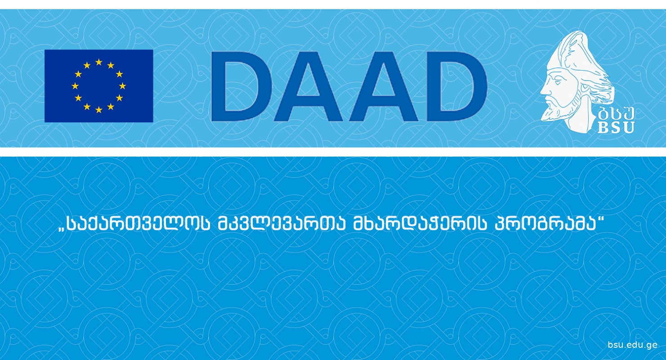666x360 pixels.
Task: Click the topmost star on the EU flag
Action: click(x=99, y=62)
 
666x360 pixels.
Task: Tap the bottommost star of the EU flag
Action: click(x=99, y=110)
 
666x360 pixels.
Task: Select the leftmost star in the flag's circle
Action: click(x=75, y=86)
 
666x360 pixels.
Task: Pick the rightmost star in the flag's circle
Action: click(x=122, y=86)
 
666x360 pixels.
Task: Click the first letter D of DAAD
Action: click(x=241, y=86)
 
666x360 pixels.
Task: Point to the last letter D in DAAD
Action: click(x=457, y=86)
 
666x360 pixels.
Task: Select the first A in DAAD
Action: click(x=308, y=86)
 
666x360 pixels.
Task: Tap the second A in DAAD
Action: click(x=384, y=86)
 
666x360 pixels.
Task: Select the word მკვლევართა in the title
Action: click(x=282, y=224)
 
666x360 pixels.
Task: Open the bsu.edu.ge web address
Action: click(x=632, y=345)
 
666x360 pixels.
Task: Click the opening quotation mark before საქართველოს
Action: click(x=62, y=229)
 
